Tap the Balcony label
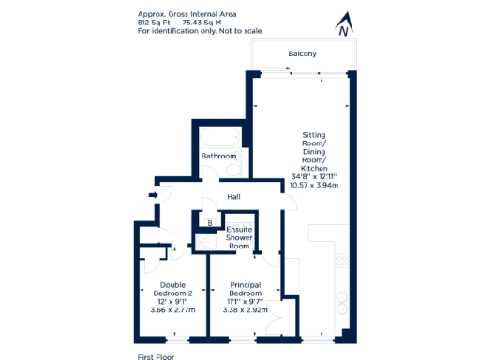tap(302, 54)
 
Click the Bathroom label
tap(218, 156)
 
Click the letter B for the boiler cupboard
tap(210, 222)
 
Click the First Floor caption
tap(156, 355)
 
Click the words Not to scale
tap(241, 31)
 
